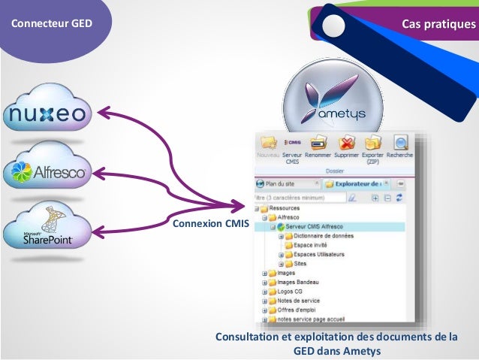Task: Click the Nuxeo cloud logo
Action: pyautogui.click(x=49, y=114)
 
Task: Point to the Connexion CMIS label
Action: pyautogui.click(x=210, y=223)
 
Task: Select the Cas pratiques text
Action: pyautogui.click(x=439, y=24)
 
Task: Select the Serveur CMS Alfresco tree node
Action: pyautogui.click(x=314, y=226)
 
